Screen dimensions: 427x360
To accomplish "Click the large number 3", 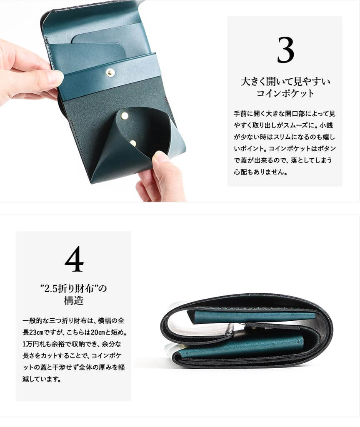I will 285,50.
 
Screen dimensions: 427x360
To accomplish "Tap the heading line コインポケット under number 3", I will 285,93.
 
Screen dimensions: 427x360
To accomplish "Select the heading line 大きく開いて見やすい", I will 285,81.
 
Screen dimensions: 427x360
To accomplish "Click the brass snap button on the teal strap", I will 110,73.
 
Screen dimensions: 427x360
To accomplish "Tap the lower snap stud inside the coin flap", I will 133,143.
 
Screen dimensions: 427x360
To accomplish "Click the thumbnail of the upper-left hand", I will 55,77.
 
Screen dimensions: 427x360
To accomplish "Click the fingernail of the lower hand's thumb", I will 161,157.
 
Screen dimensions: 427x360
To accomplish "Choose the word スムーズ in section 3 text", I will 298,125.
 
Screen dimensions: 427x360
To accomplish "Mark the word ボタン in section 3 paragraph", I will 327,148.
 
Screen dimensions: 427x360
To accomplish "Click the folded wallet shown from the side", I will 246,331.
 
